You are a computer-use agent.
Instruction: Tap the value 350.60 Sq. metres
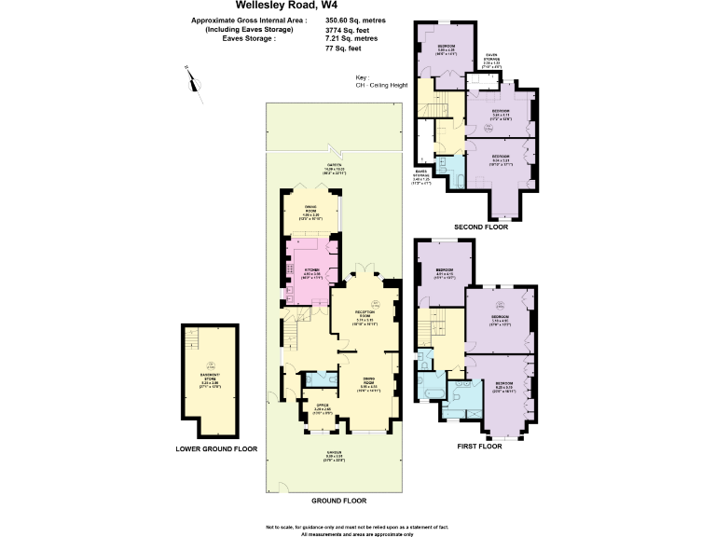tap(355, 20)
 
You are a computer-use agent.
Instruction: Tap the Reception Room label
tap(364, 317)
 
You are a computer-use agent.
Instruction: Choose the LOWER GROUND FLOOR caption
tap(216, 449)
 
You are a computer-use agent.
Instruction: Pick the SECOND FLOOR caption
tap(481, 227)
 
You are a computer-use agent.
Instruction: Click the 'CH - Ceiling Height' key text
tap(382, 86)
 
